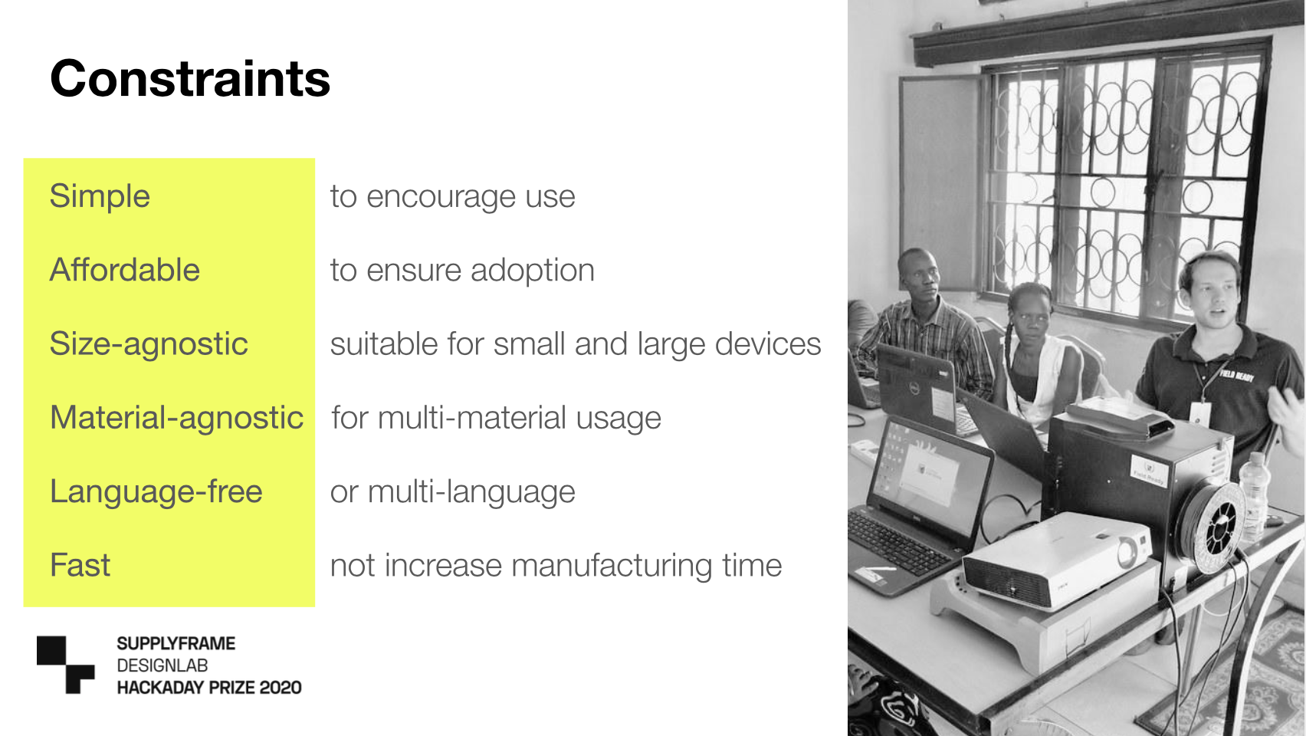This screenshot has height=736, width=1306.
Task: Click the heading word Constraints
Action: pos(190,78)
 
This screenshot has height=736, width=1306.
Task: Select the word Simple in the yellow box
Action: pos(100,196)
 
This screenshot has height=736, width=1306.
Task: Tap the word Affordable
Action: pos(125,269)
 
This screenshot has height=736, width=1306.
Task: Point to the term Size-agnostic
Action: pos(149,344)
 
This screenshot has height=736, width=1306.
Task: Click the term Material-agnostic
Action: pos(176,418)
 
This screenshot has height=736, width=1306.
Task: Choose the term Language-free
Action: pos(156,491)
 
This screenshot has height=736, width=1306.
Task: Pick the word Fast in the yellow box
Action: pos(80,565)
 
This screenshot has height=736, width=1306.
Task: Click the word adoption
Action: pos(533,271)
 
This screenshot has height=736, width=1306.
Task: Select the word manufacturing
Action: pos(612,566)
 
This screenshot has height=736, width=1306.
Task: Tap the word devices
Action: pos(768,343)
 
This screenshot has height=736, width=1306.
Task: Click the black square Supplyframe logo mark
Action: pos(65,665)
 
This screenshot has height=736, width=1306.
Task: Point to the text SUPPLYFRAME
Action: pos(176,643)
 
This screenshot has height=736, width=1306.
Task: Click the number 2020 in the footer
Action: pos(281,688)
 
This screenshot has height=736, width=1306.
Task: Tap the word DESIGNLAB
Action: pos(162,665)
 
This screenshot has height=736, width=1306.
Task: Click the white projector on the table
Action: pos(1055,560)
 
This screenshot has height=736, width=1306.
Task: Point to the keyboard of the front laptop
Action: pos(898,542)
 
